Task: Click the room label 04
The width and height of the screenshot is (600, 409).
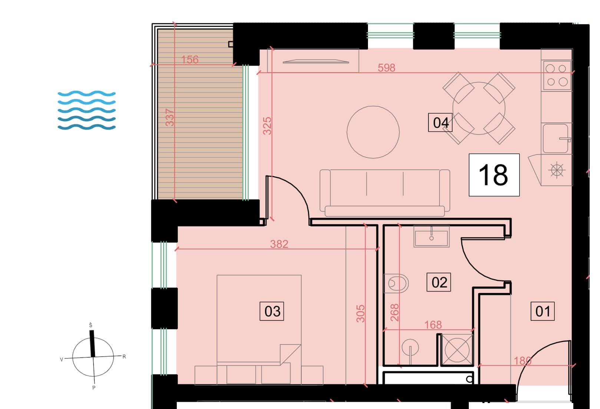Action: pos(440,123)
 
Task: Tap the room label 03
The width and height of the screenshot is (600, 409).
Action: pos(272,311)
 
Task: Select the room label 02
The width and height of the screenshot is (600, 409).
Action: pos(439,282)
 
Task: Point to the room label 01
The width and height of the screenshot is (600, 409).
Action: pos(543,311)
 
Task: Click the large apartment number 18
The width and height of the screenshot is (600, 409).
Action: pos(494,175)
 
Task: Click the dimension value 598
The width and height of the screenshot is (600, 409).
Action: pos(387,68)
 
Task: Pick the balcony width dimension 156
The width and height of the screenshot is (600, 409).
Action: pos(190,60)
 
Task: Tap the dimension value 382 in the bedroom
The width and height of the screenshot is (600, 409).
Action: pos(279,244)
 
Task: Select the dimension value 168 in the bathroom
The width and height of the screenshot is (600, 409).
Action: pos(433,325)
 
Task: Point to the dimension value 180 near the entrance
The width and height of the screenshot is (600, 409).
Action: pos(523,361)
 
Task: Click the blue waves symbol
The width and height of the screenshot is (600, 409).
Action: pos(86,110)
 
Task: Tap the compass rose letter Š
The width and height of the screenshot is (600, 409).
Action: pos(90,325)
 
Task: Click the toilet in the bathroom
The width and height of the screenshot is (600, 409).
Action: pos(396,283)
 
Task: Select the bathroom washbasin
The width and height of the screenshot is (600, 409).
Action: pos(431,236)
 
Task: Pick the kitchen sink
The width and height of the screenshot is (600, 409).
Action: pos(556,138)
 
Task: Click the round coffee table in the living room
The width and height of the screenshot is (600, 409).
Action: pos(373,132)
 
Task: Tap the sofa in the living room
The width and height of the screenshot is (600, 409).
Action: pos(385,193)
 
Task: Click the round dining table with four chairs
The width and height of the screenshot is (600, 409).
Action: pos(479,108)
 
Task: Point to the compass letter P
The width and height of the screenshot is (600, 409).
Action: pos(94,388)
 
